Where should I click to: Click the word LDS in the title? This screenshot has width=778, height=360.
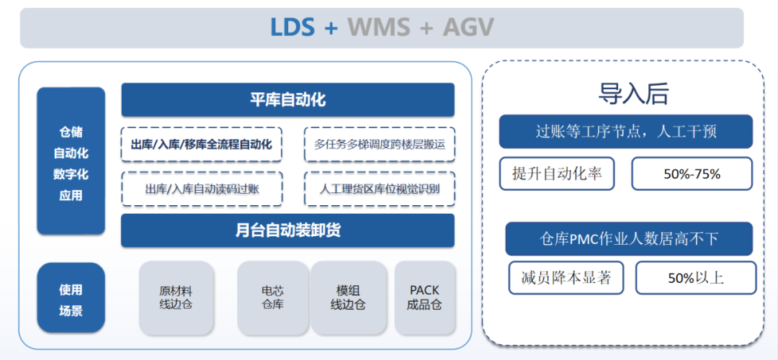tap(292, 27)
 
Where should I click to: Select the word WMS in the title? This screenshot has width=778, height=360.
tap(379, 27)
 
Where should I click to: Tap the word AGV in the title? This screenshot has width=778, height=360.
tap(468, 27)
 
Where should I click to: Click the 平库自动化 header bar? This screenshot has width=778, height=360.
tap(287, 99)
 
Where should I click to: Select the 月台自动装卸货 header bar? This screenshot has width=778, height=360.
tap(287, 230)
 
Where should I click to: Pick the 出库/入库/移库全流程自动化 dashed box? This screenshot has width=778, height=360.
tap(202, 145)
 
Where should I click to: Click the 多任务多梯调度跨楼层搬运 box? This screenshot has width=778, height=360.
tap(379, 145)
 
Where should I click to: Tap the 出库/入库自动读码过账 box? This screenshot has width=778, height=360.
tap(202, 189)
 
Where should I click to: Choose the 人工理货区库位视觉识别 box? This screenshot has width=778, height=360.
tap(379, 189)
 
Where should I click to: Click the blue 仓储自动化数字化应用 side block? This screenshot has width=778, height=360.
tap(71, 161)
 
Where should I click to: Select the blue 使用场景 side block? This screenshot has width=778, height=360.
tap(71, 300)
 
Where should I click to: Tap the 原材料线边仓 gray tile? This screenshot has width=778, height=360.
tap(176, 297)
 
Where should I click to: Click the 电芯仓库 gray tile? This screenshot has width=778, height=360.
tap(272, 297)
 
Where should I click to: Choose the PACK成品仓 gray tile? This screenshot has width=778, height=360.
tap(424, 297)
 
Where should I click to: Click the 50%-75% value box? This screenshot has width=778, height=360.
tap(692, 174)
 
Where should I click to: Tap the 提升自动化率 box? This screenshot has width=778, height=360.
tap(557, 174)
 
